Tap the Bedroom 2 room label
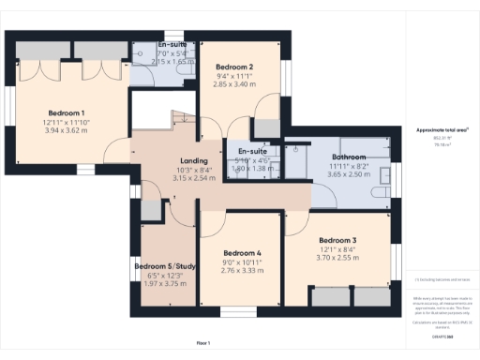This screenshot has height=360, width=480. point(235,67)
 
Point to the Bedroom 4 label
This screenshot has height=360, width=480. point(243,253)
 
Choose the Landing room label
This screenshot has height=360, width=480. point(193,160)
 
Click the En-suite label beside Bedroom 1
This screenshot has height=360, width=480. point(171,44)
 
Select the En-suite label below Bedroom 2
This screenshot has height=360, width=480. point(250,152)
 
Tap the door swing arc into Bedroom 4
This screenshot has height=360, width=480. point(215,225)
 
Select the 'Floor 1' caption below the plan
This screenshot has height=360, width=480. point(203,344)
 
